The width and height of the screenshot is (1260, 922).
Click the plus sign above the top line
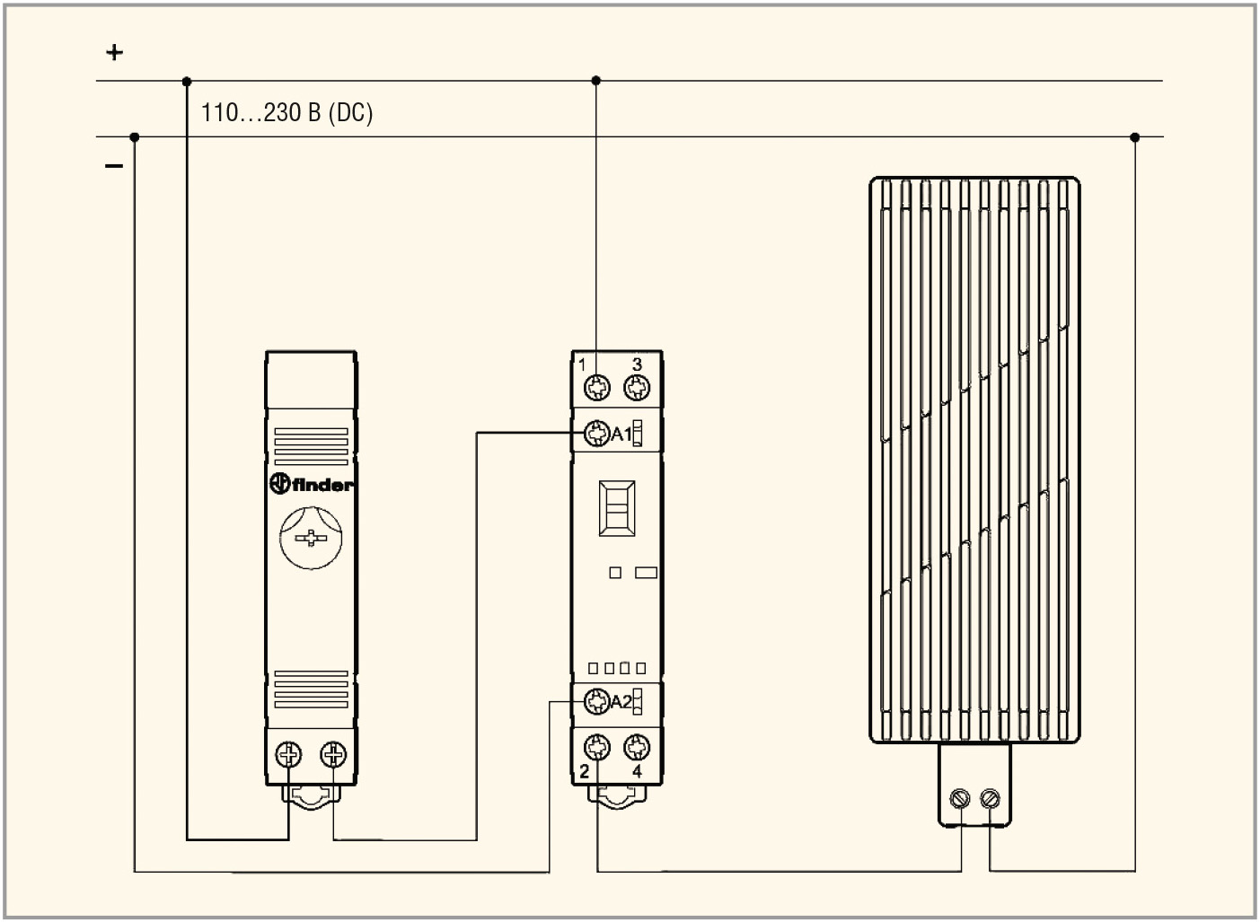pos(114,52)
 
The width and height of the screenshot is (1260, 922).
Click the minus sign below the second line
pos(114,165)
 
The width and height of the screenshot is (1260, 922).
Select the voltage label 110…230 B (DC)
pos(286,112)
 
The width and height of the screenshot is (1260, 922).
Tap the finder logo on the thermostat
pos(311,484)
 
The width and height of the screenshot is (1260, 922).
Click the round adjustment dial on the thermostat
pos(311,538)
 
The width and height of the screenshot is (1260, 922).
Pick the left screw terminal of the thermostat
pos(288,754)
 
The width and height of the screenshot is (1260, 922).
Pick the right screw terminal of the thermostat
pos(333,754)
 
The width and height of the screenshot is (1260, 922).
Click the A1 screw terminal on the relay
pos(597,433)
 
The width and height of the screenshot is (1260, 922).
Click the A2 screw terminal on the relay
pos(597,701)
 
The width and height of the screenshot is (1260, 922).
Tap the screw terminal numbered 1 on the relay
pos(597,387)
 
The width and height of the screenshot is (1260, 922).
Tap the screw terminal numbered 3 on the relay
pos(637,387)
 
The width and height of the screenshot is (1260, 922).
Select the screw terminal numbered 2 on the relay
pos(597,747)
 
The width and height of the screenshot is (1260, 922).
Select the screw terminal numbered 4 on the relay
pos(637,747)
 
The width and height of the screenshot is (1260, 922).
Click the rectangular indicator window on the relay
pos(617,508)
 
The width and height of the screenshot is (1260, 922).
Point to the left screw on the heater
pos(960,798)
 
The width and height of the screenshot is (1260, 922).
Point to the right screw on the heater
pos(990,798)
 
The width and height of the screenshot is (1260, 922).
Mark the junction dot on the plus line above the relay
pos(596,81)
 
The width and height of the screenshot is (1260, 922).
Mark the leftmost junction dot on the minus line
pos(135,137)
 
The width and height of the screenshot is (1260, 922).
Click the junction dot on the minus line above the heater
pos(1134,137)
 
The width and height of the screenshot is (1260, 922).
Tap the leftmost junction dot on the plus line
pos(187,82)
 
